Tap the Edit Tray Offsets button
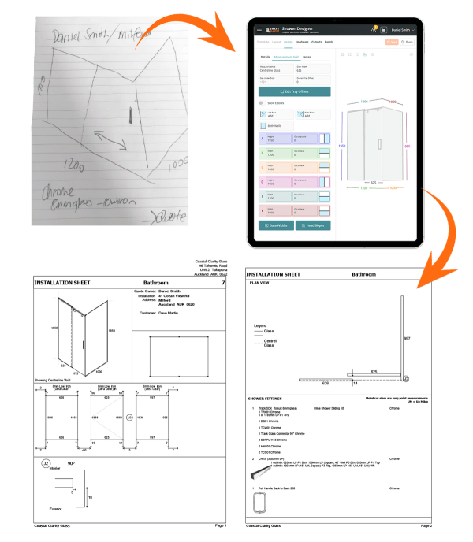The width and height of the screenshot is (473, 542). [x=294, y=91]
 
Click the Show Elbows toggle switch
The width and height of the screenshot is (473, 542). [x=262, y=103]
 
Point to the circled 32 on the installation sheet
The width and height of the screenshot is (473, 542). [x=47, y=463]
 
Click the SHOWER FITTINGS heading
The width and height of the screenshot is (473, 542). [x=266, y=399]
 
